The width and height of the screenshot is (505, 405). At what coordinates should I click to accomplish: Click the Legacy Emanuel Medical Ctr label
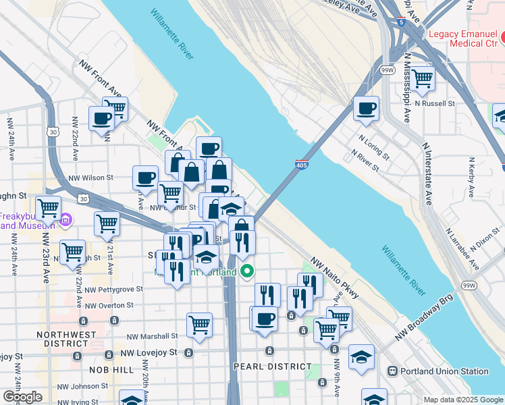(x=467, y=39)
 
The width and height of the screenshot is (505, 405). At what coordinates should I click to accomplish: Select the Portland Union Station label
(x=444, y=371)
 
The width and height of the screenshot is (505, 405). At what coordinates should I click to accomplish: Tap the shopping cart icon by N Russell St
(x=423, y=78)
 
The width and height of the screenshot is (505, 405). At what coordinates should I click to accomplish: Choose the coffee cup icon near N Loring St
(x=367, y=108)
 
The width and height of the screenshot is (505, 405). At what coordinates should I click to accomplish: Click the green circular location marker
(x=247, y=272)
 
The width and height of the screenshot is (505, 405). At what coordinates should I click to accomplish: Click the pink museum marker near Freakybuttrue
(x=65, y=219)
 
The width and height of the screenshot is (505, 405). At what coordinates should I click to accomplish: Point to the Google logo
(x=22, y=397)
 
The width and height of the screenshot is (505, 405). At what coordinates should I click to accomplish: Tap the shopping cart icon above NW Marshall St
(x=199, y=325)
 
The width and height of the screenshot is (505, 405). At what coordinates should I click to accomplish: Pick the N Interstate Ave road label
(x=427, y=173)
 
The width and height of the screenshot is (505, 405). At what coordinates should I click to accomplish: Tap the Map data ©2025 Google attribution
(x=463, y=400)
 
